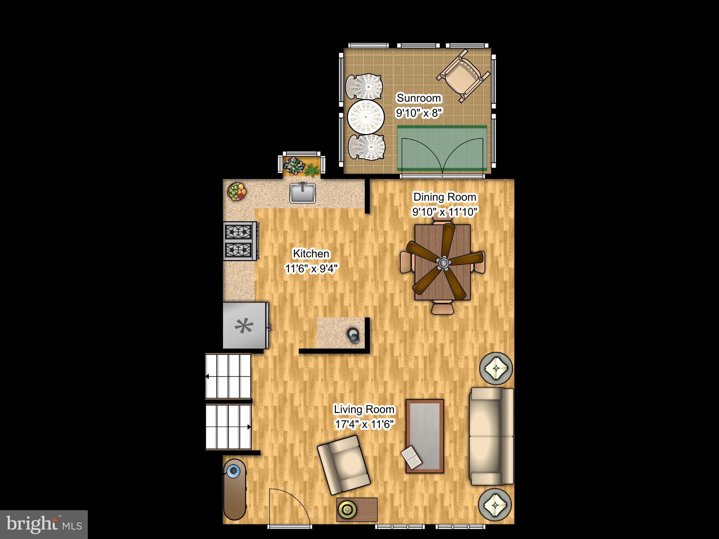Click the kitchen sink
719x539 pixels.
(302, 193)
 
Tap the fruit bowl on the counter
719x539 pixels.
(237, 192)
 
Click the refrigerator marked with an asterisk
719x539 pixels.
(245, 326)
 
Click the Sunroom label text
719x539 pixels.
(418, 98)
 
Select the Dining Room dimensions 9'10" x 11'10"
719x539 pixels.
(445, 212)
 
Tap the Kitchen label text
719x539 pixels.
(311, 253)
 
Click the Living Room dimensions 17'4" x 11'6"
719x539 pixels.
(364, 425)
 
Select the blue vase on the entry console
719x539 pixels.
(233, 470)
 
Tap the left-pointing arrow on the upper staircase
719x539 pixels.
(207, 377)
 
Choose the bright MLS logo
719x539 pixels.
(44, 524)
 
